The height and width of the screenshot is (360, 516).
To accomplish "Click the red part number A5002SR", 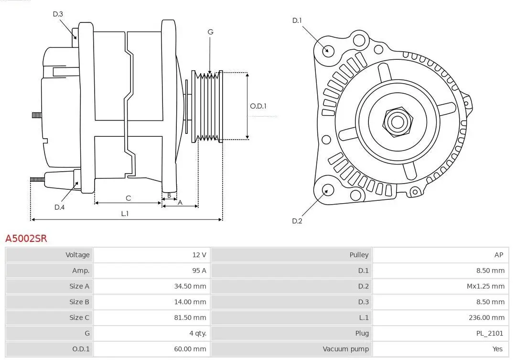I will coord(26,238).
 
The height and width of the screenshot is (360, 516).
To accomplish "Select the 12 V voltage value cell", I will coord(199,255).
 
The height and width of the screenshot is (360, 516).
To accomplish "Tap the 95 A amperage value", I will coord(199,271).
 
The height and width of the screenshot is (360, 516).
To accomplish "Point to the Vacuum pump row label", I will coord(345,349).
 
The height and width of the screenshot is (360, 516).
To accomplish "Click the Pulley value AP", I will coord(499,255).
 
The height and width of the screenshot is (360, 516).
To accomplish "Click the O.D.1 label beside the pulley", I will coord(258,106).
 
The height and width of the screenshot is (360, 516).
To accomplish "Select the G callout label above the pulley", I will coord(210,32).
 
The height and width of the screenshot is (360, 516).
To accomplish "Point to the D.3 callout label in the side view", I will coord(58,14).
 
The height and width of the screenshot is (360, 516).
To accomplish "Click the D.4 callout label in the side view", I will coord(59,207).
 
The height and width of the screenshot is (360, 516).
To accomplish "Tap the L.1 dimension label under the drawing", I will coord(125,214).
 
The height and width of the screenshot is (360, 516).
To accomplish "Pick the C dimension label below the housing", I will coord(128,198).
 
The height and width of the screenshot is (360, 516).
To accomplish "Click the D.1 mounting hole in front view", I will coord(328,50).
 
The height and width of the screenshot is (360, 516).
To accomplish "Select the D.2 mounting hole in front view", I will coord(327,190).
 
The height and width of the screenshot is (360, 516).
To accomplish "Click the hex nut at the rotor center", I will coord(397,121).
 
